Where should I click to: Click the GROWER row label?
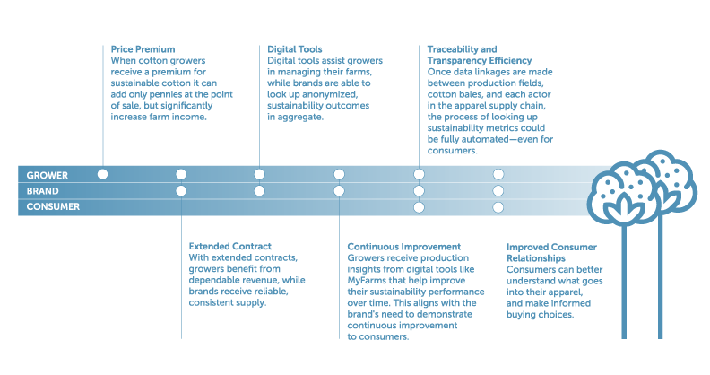48,175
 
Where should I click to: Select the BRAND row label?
42,191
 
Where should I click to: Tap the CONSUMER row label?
53,206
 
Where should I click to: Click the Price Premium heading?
143,49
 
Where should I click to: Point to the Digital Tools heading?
295,49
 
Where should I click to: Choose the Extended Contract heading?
230,247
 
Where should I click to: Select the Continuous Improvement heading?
404,247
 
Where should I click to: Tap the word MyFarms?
367,281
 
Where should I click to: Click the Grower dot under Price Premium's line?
103,174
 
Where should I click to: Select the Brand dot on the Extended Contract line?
181,191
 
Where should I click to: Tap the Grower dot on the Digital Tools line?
259,174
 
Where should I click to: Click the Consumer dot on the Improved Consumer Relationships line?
498,207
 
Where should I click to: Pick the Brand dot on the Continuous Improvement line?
339,191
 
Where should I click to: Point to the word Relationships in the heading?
536,258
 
